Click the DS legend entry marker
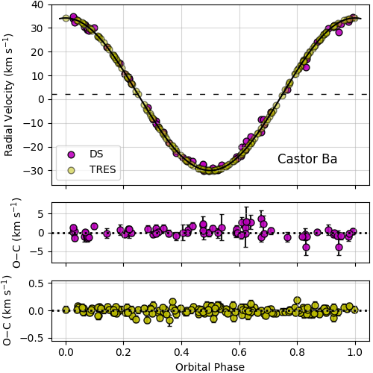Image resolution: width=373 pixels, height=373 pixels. pyautogui.click(x=72, y=154)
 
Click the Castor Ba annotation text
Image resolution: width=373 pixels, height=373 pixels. pyautogui.click(x=307, y=159)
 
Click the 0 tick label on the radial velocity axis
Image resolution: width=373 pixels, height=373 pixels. pyautogui.click(x=39, y=99)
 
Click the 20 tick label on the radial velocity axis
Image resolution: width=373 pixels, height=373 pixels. pyautogui.click(x=36, y=52)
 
